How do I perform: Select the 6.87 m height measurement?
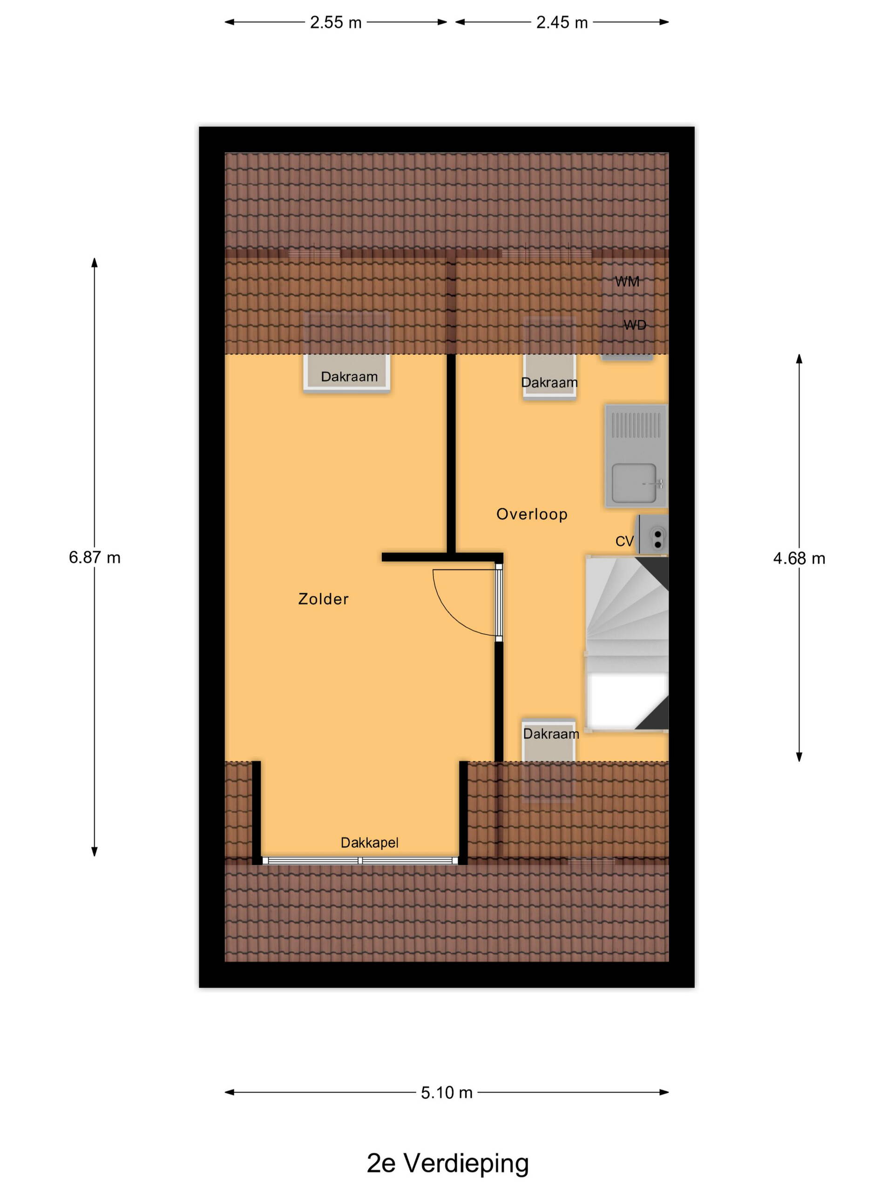click(x=95, y=557)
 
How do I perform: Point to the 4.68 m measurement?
click(x=799, y=558)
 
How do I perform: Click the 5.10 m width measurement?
click(x=447, y=1093)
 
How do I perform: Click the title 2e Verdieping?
click(x=448, y=1163)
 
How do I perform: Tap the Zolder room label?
click(x=323, y=599)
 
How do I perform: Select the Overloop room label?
click(x=532, y=514)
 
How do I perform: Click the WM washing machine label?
click(x=627, y=281)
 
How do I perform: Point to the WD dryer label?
click(x=635, y=325)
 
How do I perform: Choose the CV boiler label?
click(x=624, y=541)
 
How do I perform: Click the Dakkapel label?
click(x=370, y=843)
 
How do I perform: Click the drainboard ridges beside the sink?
click(x=636, y=425)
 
